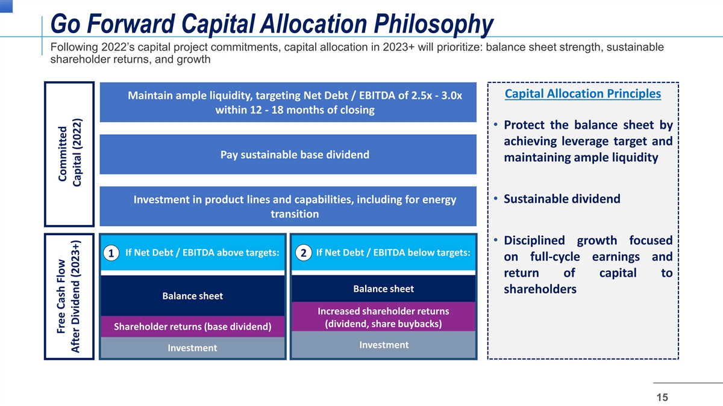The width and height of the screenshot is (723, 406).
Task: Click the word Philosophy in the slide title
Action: tap(433, 24)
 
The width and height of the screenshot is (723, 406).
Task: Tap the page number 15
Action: tap(662, 397)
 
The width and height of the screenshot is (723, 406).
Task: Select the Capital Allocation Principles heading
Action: tap(583, 94)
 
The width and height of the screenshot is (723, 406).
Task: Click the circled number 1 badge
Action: tap(111, 253)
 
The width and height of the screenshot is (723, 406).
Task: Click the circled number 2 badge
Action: tap(304, 253)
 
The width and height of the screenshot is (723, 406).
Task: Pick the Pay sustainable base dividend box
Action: tap(288, 155)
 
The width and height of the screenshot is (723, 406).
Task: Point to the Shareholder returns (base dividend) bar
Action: tap(193, 327)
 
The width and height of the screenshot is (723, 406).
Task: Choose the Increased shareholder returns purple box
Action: tap(383, 317)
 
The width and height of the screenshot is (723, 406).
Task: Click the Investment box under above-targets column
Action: tap(193, 348)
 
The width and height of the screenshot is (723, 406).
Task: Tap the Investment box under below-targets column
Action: tap(383, 345)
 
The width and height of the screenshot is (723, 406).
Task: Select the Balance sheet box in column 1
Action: tap(193, 295)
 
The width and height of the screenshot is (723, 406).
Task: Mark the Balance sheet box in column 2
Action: tap(383, 288)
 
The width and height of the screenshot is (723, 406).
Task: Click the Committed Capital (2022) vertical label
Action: tap(69, 154)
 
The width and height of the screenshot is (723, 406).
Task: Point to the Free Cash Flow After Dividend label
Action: tap(68, 297)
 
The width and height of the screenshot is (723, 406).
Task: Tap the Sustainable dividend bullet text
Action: tap(562, 199)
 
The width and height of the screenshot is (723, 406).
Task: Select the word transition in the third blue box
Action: tap(295, 214)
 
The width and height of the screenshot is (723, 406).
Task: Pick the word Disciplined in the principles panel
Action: tap(534, 241)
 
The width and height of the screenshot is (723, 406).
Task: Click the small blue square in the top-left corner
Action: tap(6, 6)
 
